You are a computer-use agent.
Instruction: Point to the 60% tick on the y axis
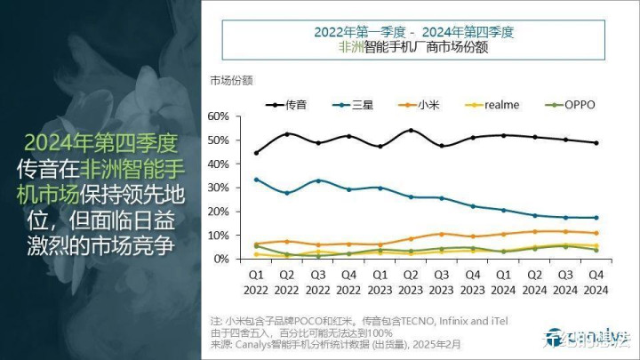pyautogui.click(x=218, y=116)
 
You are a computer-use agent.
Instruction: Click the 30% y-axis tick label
pyautogui.click(x=218, y=188)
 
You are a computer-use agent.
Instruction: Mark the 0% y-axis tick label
pyautogui.click(x=221, y=259)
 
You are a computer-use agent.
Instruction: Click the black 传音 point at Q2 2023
pyautogui.click(x=411, y=131)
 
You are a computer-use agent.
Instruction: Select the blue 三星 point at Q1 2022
pyautogui.click(x=257, y=180)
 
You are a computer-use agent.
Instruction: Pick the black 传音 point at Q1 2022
pyautogui.click(x=257, y=153)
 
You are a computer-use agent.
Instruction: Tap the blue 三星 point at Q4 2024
pyautogui.click(x=596, y=218)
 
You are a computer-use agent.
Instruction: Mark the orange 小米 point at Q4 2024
pyautogui.click(x=596, y=233)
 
